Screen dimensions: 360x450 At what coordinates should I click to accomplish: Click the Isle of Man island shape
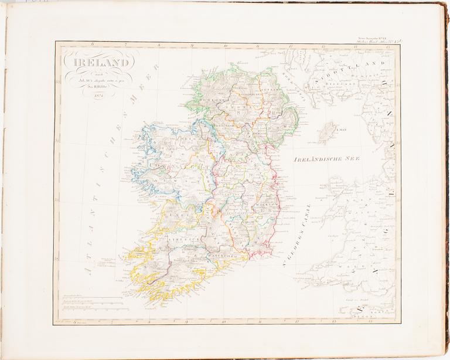(327, 133)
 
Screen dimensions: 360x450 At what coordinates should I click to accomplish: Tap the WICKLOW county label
(262, 207)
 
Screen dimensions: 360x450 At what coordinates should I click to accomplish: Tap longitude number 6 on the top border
(93, 45)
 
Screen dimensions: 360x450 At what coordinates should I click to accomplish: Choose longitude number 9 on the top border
(192, 45)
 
